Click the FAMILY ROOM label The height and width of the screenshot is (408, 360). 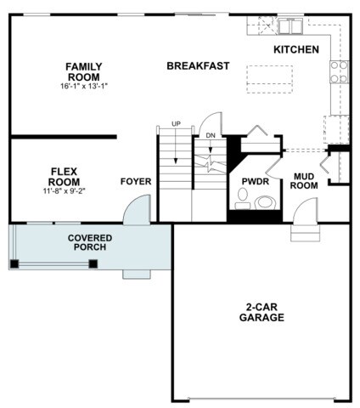[84, 71]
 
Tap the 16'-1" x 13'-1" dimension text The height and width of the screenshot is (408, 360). [84, 86]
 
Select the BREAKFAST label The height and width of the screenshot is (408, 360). [198, 65]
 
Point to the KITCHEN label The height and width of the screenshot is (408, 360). [296, 49]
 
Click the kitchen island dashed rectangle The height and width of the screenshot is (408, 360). [269, 79]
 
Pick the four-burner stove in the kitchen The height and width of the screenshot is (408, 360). [339, 71]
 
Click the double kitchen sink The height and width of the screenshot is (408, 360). [290, 25]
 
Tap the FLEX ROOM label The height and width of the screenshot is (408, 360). [65, 177]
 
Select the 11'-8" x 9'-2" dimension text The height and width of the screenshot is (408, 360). [65, 191]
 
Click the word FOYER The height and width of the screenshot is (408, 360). [136, 181]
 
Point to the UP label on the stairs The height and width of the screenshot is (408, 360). [176, 124]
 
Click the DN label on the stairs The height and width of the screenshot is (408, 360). [211, 136]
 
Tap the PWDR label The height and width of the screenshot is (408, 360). [256, 181]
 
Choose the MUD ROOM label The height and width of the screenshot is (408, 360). [304, 181]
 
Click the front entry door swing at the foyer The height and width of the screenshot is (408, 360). [137, 210]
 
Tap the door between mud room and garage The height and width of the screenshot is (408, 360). [306, 211]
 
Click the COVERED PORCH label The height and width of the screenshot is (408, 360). [90, 242]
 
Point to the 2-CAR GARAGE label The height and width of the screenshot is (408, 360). [262, 312]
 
